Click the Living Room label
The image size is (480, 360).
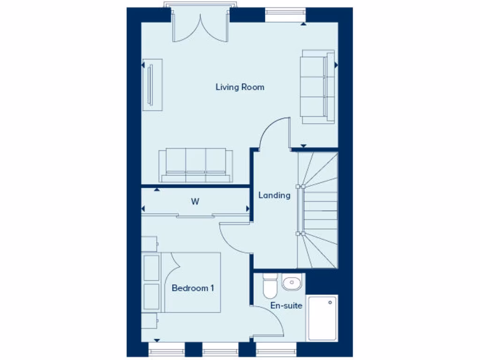click(x=240, y=87)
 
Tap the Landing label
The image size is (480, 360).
click(x=274, y=195)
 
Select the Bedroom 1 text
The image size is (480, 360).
click(x=193, y=288)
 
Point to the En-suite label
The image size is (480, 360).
click(x=286, y=306)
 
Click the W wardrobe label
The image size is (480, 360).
click(x=195, y=202)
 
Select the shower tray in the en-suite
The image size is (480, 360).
click(x=322, y=318)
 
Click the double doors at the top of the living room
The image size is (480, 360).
click(x=201, y=27)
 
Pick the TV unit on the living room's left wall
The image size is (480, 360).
click(x=152, y=84)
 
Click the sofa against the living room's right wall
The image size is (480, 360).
click(x=318, y=86)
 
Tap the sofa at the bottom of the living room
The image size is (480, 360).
click(x=195, y=165)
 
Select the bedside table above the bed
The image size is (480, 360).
click(x=150, y=244)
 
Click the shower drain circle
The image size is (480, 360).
click(x=330, y=303)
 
